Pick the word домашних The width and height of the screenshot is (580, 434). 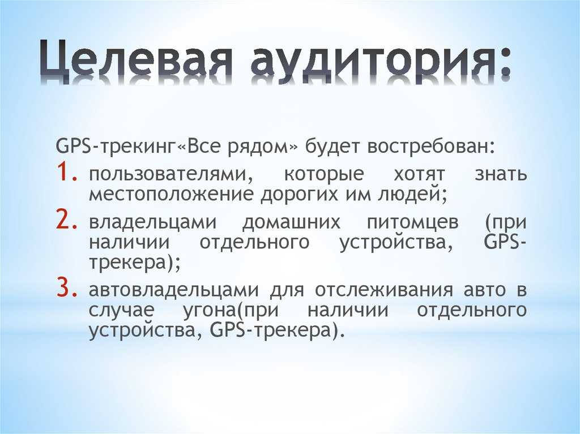pyautogui.click(x=291, y=222)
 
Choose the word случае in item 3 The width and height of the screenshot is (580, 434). pyautogui.click(x=118, y=311)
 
